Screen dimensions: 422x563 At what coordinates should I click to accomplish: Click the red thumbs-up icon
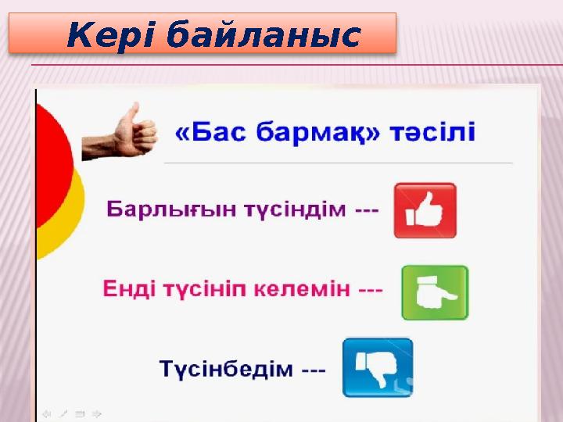pyautogui.click(x=425, y=210)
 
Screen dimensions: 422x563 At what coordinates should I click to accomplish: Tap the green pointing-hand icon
pyautogui.click(x=435, y=292)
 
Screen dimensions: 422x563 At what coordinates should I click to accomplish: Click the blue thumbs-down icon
pyautogui.click(x=378, y=367)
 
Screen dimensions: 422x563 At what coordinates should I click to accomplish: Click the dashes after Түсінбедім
pyautogui.click(x=313, y=370)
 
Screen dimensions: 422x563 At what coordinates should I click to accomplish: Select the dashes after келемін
pyautogui.click(x=371, y=290)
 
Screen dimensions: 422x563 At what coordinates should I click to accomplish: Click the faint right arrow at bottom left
pyautogui.click(x=96, y=413)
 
